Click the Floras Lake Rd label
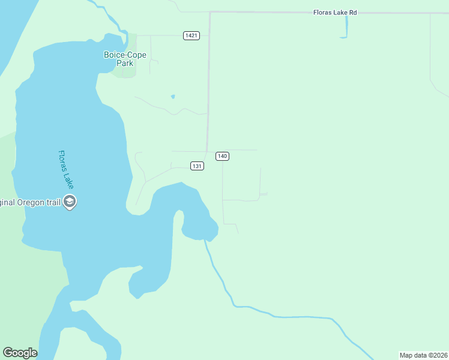point(335,13)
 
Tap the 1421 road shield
point(191,35)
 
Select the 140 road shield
point(222,156)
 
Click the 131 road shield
point(197,166)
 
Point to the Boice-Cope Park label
point(125,59)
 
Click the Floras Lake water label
point(65,170)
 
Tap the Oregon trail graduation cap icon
point(70,202)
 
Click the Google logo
point(20,353)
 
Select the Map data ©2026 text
point(423,355)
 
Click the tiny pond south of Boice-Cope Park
point(173,96)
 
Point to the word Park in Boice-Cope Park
point(125,63)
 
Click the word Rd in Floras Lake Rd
point(352,13)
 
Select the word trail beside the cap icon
point(53,202)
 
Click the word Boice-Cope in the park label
point(125,55)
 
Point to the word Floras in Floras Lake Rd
point(323,13)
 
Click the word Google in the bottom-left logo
point(20,353)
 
